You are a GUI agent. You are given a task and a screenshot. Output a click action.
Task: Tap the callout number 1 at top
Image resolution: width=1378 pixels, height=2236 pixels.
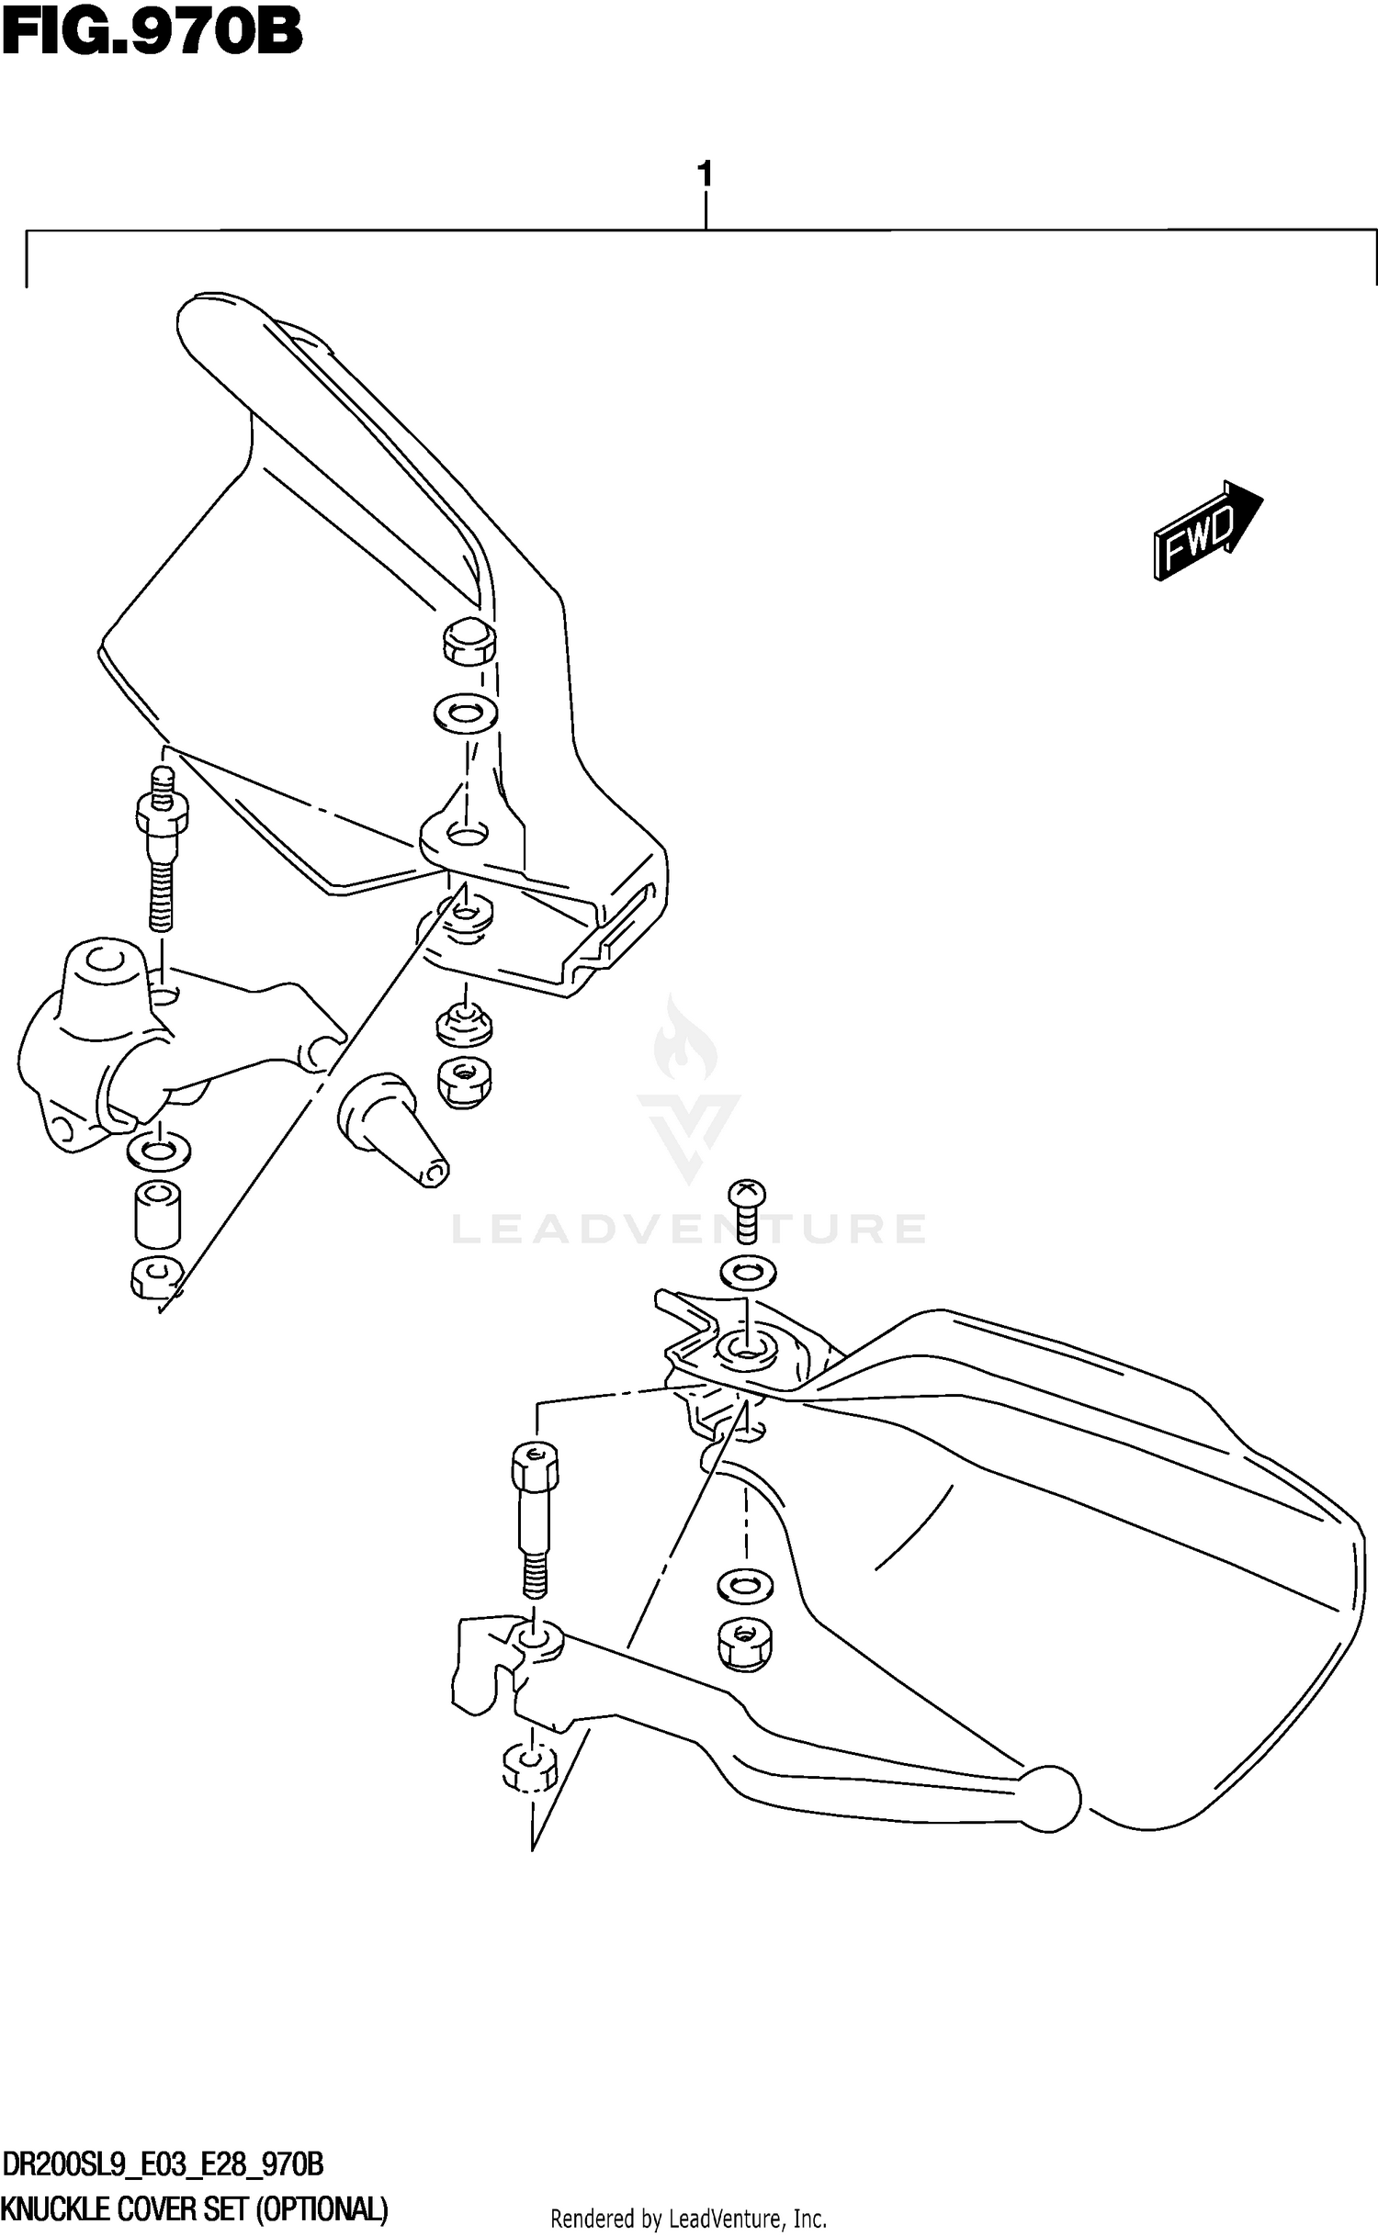click(705, 174)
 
